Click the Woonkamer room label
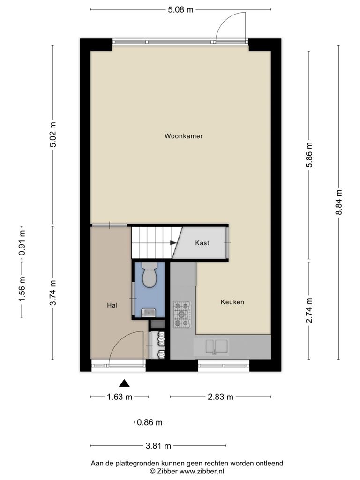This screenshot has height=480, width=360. [x=183, y=136]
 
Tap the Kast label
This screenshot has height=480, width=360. [x=202, y=243]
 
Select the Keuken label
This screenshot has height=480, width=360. [x=232, y=302]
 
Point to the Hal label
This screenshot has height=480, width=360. [x=112, y=305]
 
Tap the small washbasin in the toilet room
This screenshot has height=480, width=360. [x=149, y=313]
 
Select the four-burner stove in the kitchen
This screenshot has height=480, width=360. [x=182, y=315]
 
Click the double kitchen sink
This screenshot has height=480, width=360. [x=217, y=346]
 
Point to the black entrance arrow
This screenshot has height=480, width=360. [x=124, y=382]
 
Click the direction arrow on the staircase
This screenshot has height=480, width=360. [x=173, y=243]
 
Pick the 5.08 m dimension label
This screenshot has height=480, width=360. [x=180, y=9]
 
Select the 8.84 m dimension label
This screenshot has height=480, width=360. [x=338, y=202]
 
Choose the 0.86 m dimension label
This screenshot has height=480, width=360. [x=150, y=422]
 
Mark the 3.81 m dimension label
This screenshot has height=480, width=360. [x=158, y=446]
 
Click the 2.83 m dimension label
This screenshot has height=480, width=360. [x=220, y=397]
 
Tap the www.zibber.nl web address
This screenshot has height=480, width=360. [x=202, y=472]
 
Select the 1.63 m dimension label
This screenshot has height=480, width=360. [x=120, y=397]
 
